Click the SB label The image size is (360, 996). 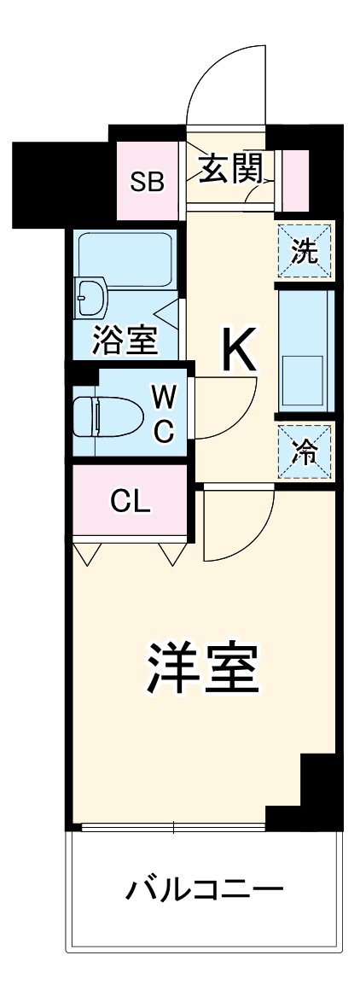(x=147, y=182)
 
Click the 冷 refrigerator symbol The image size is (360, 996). (x=305, y=451)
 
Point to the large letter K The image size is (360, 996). (x=239, y=350)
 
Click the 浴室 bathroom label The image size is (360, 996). (x=125, y=339)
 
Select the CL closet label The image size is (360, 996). (x=130, y=502)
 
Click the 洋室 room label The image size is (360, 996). (x=201, y=667)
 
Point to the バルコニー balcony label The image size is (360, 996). (x=203, y=893)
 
